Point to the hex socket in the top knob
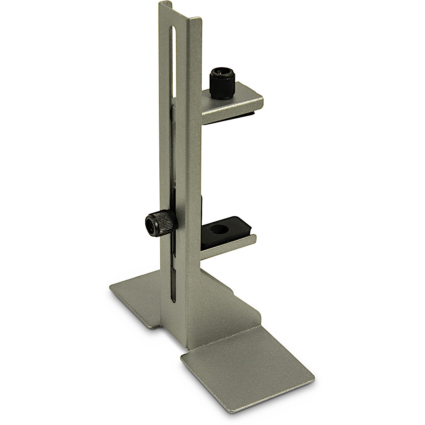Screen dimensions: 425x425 coord(221,74)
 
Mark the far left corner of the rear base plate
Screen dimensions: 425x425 coord(111,287)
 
